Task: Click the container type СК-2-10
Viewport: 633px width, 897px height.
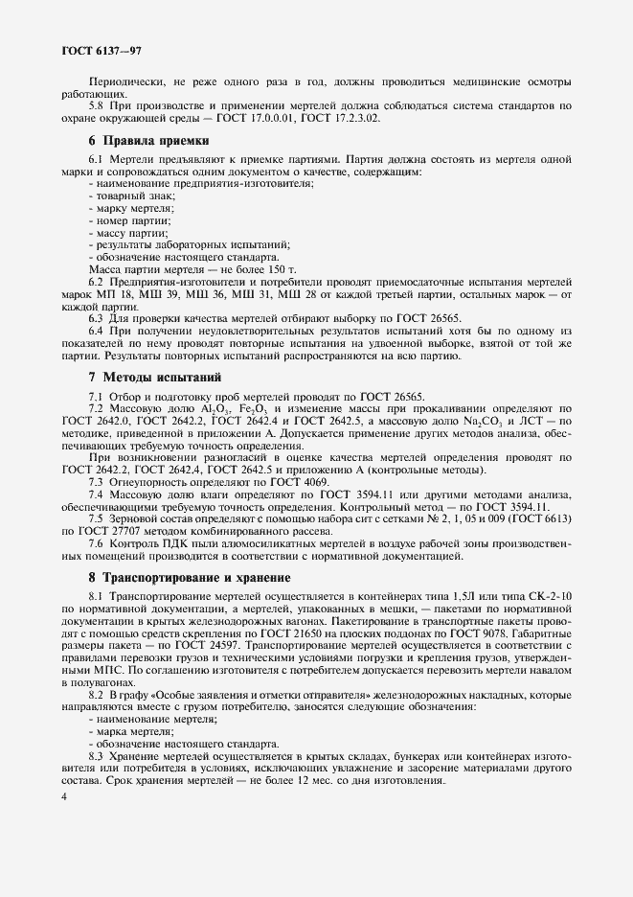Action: (x=546, y=596)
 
